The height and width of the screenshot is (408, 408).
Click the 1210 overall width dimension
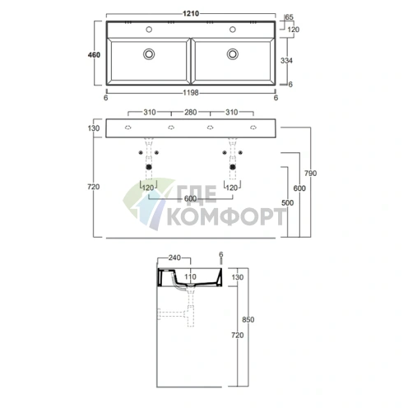click(x=191, y=13)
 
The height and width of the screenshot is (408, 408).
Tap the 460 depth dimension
click(x=94, y=55)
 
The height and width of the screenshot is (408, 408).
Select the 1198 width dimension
click(x=191, y=93)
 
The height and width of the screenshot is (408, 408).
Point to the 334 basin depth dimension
click(x=286, y=60)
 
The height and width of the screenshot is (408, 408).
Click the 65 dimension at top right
click(x=290, y=17)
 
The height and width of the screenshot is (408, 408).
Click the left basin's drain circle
click(x=149, y=54)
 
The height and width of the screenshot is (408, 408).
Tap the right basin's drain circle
click(x=233, y=54)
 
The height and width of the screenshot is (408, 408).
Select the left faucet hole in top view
click(x=149, y=30)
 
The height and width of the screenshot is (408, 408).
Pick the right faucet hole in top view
click(x=233, y=30)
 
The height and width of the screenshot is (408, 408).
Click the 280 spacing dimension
click(x=191, y=112)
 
